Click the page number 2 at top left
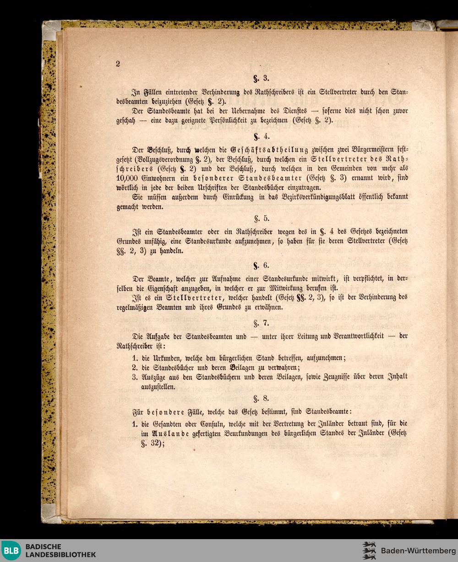[118, 64]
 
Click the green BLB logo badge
[11, 551]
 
